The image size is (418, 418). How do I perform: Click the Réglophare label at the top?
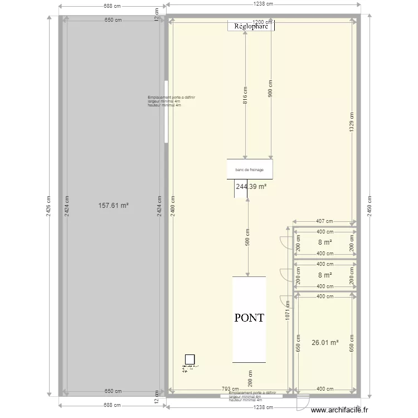pos(251,26)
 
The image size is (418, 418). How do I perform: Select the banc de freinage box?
pos(249,169)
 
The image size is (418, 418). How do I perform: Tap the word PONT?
pos(249,318)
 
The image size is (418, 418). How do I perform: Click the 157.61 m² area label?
pos(113,206)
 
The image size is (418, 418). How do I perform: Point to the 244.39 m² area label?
pos(251,187)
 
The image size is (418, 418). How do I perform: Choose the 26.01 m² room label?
pos(325,343)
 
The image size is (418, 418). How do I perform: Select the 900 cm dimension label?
pos(271,89)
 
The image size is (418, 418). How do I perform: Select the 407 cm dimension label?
pos(325,221)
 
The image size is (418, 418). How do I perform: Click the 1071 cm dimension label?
pos(288,311)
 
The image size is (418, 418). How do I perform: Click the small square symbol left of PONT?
pos(189,359)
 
